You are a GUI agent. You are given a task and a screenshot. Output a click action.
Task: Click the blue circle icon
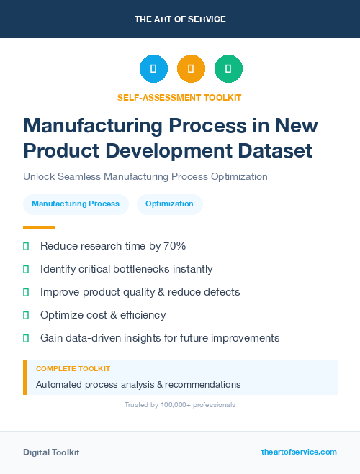pos(153,69)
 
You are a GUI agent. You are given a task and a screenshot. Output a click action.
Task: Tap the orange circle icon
pos(191,69)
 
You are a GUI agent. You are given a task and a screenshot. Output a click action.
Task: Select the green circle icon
pos(228,69)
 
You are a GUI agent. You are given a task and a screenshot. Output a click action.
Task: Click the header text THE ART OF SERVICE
pos(180,19)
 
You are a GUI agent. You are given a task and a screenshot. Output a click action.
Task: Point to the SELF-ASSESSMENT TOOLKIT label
pos(179,97)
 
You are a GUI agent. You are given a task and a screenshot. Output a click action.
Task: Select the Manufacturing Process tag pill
pos(76,204)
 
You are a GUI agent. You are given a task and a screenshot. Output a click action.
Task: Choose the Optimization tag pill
pos(169,204)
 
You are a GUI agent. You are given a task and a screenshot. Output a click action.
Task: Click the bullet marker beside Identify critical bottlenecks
pos(26,269)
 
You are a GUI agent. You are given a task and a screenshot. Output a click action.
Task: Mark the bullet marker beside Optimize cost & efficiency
pos(26,315)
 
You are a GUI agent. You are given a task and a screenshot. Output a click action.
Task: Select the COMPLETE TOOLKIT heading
pos(73,368)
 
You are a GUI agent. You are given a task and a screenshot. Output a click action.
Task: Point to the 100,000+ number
pos(174,405)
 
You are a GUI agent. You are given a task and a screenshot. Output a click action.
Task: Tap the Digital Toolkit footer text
pos(51,452)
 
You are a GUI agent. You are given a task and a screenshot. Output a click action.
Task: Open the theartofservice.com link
pos(299,452)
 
